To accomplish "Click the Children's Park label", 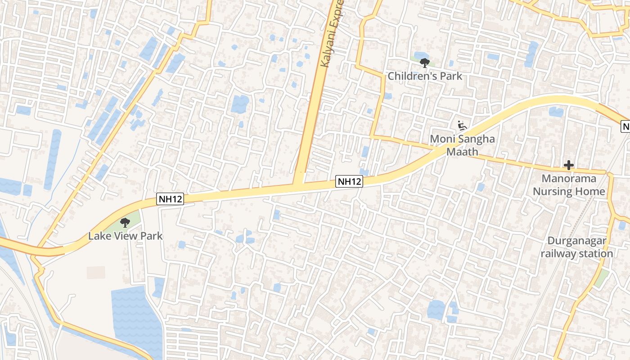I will [425, 76].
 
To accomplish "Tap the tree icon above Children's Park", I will [424, 63].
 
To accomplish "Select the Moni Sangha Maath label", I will [462, 145].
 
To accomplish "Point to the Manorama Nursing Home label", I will [569, 185].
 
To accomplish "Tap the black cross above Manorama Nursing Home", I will [569, 166].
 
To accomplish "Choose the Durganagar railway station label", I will [577, 247].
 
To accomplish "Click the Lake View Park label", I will [125, 236].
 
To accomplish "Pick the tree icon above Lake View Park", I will [125, 222].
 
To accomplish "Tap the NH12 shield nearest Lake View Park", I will [171, 198].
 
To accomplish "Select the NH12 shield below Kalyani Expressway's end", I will [349, 181].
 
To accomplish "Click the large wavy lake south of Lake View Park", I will [135, 315].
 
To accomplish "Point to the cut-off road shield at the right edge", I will [625, 126].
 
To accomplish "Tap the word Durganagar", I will [576, 241].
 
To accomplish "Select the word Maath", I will [462, 152].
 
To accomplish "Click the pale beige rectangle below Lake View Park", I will [96, 272].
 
